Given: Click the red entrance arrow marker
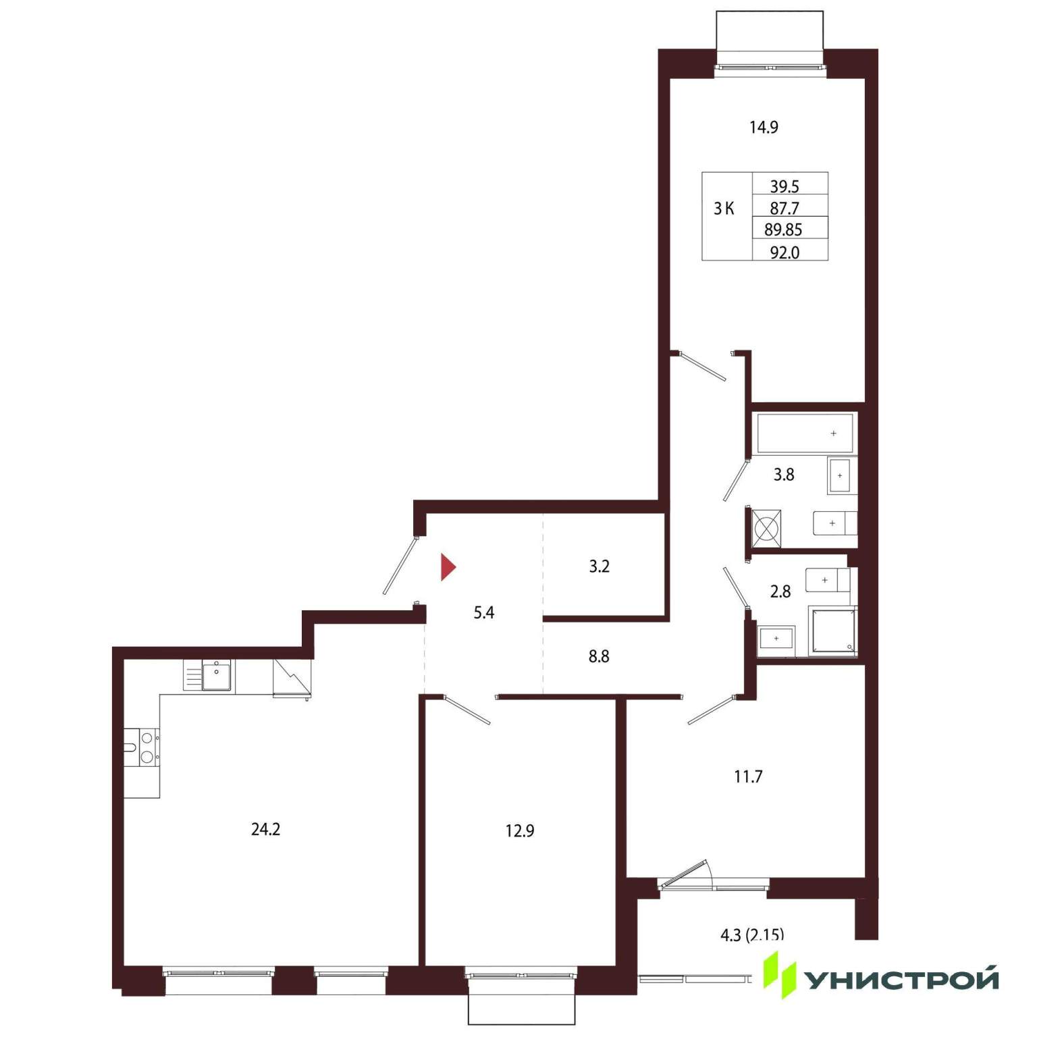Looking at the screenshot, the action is coord(448,567).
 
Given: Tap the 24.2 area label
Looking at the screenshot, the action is coord(265,829).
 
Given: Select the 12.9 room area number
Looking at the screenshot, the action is coord(520,830).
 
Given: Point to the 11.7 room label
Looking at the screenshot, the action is coord(748,776).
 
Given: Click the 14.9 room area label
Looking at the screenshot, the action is coord(764,127).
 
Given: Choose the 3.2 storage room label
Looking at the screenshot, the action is coord(599,566).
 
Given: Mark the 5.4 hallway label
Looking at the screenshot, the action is coord(484,613).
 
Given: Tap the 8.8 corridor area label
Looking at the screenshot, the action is coord(599,656).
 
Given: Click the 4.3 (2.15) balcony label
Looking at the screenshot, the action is coord(752,935).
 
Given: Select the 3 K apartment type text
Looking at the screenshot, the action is coord(724,209).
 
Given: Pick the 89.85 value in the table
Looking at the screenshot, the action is coord(783,230).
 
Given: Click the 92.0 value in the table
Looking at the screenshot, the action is coord(785,252).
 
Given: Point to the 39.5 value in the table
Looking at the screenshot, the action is coord(785,186).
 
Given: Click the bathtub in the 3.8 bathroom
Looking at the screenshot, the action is coord(805,433).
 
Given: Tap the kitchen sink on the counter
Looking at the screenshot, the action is coord(216,676).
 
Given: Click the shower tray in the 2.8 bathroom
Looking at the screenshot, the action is coord(832,631).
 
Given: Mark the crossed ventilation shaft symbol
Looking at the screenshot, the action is coord(766,528).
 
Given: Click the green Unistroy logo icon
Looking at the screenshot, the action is coord(780,975).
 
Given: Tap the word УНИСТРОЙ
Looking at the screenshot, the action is coord(903,980).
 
